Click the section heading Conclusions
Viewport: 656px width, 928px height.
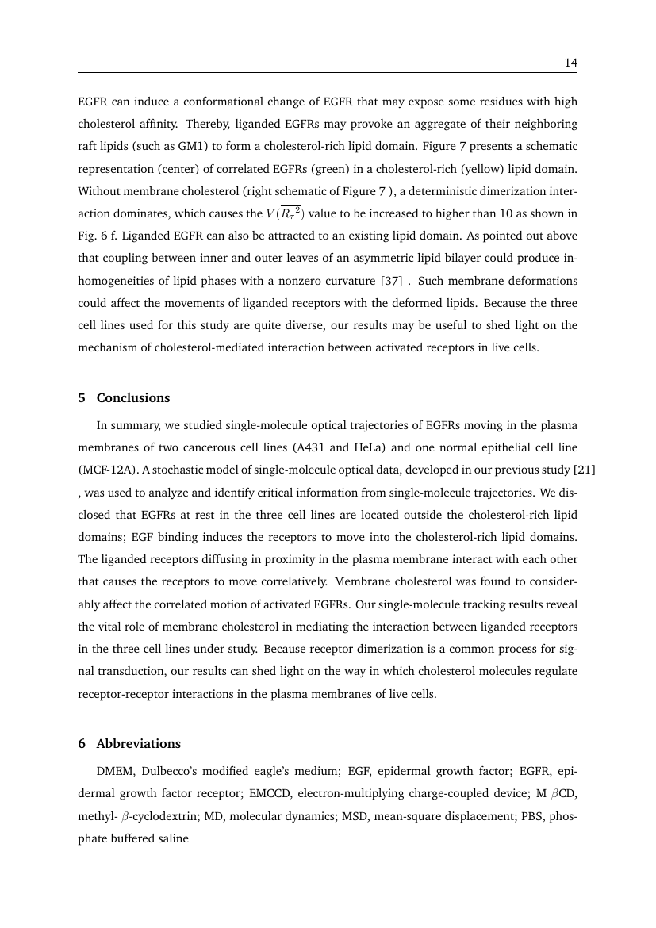[133, 398]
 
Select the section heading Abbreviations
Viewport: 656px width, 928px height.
[139, 744]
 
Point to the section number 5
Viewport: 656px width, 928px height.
[82, 398]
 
